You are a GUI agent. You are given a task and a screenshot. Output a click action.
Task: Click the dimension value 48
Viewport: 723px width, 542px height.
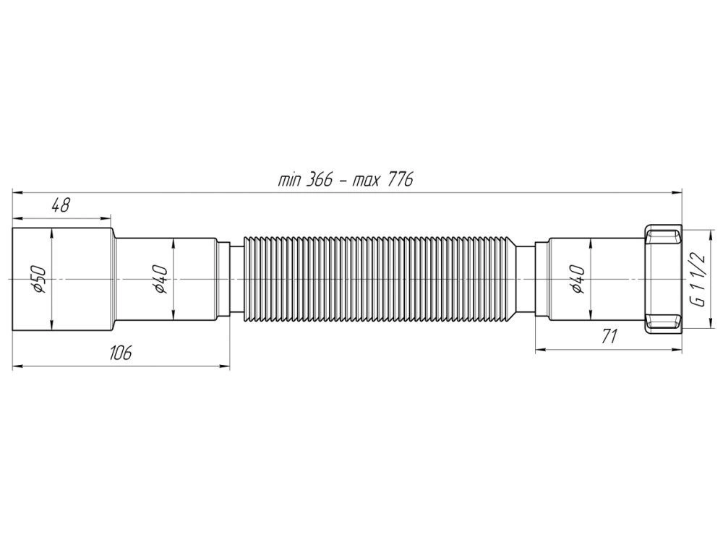(60, 205)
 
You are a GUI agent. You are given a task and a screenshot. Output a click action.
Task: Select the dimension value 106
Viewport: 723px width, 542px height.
(120, 353)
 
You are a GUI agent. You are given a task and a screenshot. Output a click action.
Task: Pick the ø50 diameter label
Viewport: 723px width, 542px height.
(40, 279)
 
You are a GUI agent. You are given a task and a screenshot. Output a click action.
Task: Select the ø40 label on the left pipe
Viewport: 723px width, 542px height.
(161, 279)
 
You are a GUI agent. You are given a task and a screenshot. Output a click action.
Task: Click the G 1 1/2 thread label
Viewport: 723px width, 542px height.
(698, 279)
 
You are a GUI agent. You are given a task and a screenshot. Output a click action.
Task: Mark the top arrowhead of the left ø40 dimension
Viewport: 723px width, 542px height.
(174, 242)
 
